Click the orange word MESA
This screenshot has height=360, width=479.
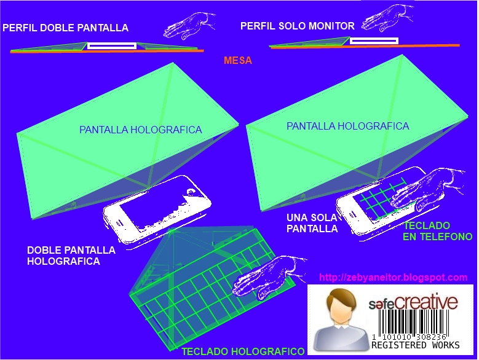point(238,60)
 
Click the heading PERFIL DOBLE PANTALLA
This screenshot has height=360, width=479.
point(65,28)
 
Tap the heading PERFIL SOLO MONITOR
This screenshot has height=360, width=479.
point(297,26)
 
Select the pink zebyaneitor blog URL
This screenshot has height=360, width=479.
point(393,277)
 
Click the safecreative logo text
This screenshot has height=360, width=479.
point(413,302)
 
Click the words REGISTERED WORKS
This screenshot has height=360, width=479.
point(416,345)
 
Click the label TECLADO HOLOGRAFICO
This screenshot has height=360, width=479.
point(243,351)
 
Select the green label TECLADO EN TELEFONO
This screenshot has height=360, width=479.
point(437,231)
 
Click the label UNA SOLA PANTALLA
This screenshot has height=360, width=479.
point(312,223)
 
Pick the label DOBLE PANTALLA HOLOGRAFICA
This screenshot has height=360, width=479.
point(71,256)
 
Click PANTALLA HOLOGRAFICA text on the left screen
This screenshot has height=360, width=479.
point(141,130)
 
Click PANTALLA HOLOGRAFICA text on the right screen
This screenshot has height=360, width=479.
point(347,126)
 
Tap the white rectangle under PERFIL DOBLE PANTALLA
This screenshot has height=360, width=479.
point(112,45)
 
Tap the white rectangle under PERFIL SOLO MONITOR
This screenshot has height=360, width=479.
point(374,41)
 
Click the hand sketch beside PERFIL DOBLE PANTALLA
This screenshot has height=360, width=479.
point(189,26)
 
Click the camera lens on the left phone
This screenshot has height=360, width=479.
point(191,192)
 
